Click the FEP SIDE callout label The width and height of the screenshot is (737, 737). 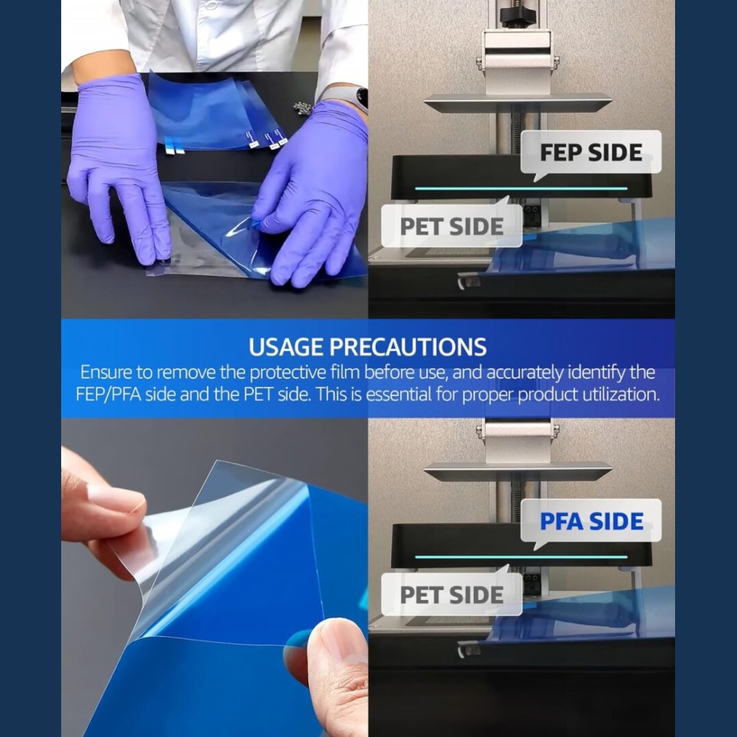pos(591,153)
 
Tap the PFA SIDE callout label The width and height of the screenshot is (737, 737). pos(591,521)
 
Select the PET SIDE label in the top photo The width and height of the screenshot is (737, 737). pos(452,226)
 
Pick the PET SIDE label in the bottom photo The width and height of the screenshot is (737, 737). pos(452,595)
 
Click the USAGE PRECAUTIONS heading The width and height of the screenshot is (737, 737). pos(368,347)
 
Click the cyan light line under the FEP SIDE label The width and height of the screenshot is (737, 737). pos(521,189)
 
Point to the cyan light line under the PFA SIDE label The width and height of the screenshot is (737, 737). pos(521,557)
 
